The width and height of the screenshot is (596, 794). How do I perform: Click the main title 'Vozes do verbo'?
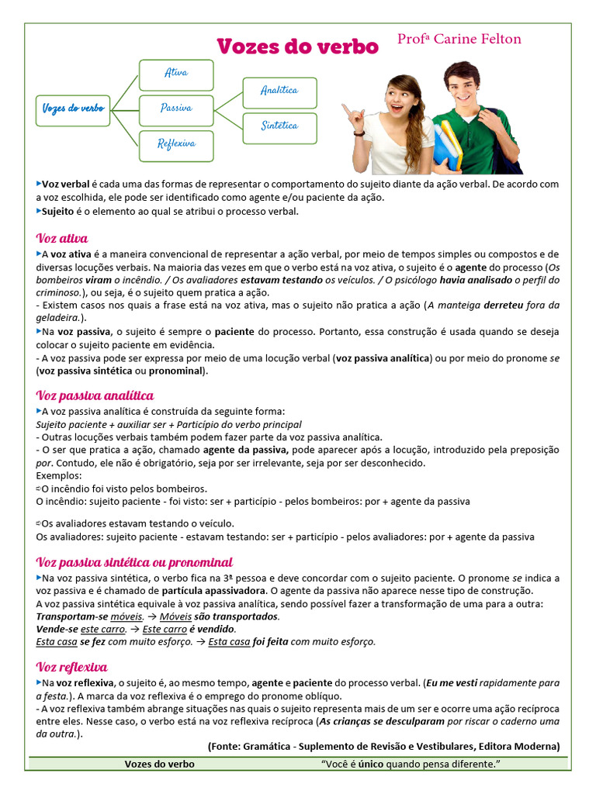(x=297, y=47)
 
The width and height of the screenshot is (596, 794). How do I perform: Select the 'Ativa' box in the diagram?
(x=176, y=74)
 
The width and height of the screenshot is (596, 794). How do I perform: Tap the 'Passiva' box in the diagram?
(x=176, y=109)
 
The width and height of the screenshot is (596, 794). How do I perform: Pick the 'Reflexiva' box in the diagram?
(x=176, y=143)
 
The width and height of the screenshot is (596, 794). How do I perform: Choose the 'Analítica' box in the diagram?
(x=279, y=91)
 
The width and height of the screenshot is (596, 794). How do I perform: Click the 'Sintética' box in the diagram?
(x=279, y=126)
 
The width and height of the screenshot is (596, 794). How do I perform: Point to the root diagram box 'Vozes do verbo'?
(x=73, y=109)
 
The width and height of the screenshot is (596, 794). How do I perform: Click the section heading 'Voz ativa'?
(x=62, y=238)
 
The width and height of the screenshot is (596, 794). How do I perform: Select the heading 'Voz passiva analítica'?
(x=95, y=395)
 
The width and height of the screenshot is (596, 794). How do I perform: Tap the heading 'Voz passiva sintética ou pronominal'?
(x=134, y=562)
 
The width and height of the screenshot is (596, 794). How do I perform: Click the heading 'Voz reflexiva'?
(x=71, y=667)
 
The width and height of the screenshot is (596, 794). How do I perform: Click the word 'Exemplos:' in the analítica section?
(x=58, y=475)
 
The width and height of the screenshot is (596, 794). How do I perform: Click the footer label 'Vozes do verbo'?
(x=160, y=765)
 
